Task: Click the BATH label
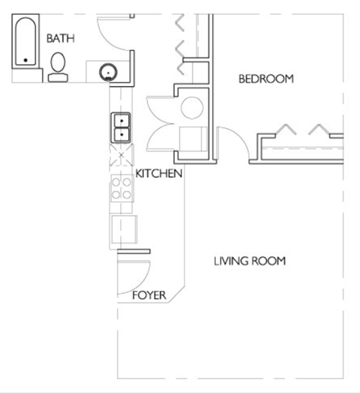tap(61, 38)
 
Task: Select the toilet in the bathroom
tap(58, 68)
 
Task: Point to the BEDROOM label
tap(265, 79)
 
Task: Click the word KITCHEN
tap(159, 174)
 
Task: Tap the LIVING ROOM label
tap(249, 261)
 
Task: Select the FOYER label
tap(148, 295)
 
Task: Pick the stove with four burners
tap(121, 188)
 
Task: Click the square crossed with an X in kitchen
tap(121, 159)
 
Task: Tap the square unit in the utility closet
tap(193, 140)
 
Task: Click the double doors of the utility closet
tap(160, 124)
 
